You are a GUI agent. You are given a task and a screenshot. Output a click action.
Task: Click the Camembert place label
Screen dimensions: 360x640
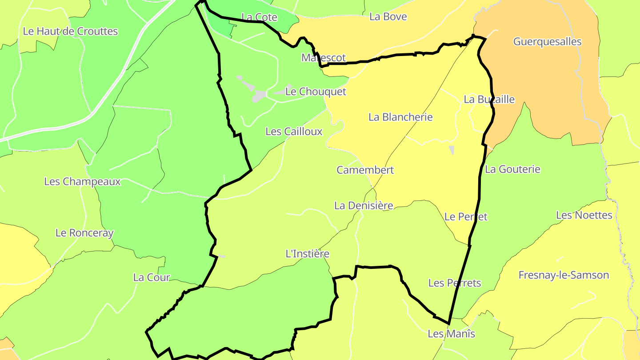point(365,170)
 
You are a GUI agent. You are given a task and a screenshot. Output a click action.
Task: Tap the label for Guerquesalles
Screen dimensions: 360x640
point(547,42)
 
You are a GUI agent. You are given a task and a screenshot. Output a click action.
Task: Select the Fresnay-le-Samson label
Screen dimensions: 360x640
point(564,275)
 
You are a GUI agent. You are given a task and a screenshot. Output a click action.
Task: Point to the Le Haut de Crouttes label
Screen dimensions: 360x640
point(70,32)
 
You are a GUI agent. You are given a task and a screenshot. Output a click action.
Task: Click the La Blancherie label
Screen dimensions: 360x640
point(400,117)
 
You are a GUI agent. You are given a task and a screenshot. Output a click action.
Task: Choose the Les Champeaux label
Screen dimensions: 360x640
point(82,182)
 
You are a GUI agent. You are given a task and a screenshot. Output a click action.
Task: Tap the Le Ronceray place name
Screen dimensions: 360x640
point(84,233)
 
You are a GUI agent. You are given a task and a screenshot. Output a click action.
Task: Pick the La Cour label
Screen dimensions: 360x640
point(152,278)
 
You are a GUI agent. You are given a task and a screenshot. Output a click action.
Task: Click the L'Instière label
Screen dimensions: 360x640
point(308,254)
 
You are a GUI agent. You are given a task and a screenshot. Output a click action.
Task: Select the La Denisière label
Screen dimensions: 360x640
point(364,206)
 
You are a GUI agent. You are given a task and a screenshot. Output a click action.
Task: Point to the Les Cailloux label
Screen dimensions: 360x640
point(294,132)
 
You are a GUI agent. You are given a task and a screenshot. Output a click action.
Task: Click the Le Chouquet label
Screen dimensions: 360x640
point(316,92)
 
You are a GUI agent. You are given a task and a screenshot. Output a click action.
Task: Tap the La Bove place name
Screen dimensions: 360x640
point(388,17)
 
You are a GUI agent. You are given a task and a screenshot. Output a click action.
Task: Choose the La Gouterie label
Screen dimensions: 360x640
point(512,169)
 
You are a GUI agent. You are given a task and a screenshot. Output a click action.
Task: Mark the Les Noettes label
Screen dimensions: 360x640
point(584,216)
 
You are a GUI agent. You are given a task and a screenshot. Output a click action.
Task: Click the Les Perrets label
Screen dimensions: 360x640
point(455,283)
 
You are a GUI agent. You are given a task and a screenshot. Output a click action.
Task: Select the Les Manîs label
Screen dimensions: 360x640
point(451,334)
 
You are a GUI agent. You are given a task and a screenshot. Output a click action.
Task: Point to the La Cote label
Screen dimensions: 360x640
point(259,17)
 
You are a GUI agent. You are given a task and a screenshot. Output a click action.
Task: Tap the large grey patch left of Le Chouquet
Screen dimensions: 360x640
point(259,96)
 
